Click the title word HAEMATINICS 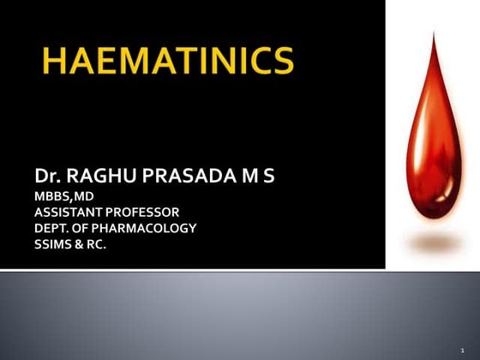(x=167, y=62)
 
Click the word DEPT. (x=52, y=228)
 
